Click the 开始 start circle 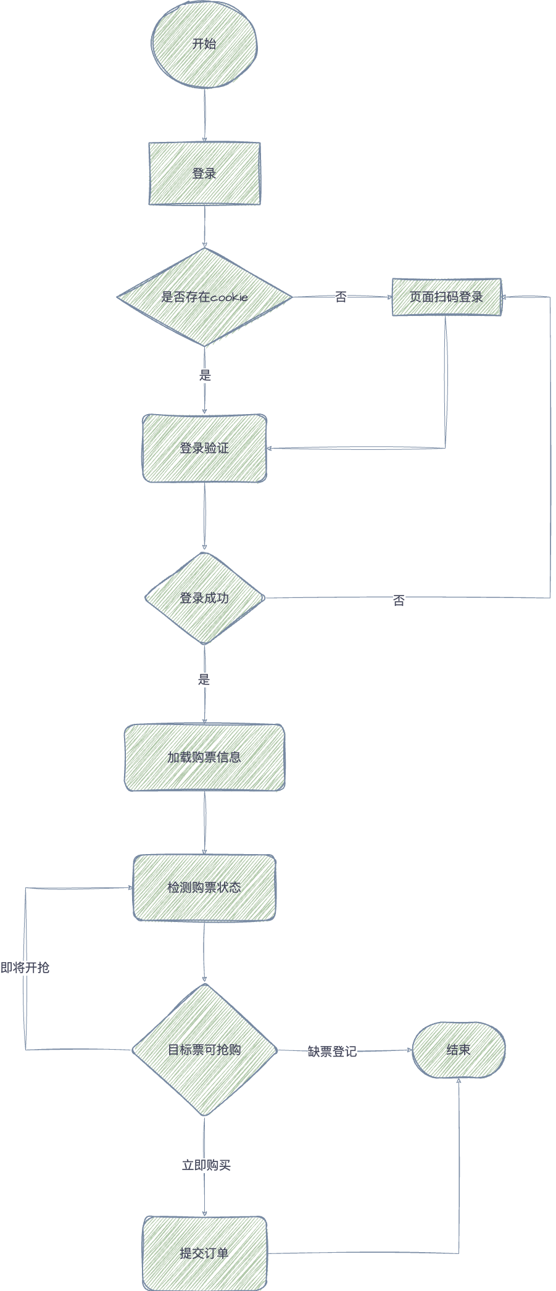204,44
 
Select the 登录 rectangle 204,173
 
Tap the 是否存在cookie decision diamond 204,297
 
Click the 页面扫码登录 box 446,297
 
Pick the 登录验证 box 204,448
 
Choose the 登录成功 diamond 204,598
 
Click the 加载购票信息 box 204,757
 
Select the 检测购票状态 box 204,887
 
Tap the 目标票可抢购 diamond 204,1050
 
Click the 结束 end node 458,1050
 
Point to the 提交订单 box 204,1253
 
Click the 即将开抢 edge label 25,968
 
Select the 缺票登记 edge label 332,1052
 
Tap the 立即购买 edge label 206,1165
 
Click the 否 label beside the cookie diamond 341,297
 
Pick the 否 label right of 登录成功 399,600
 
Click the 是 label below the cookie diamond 205,375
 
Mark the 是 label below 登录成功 204,680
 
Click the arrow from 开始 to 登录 205,115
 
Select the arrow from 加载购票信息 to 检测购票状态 205,823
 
